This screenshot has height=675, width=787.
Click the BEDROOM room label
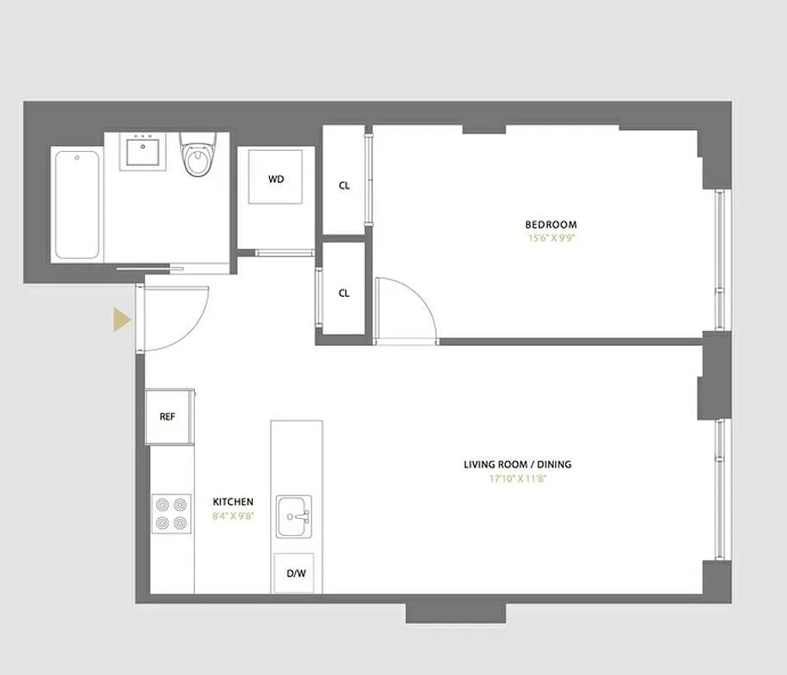[551, 224]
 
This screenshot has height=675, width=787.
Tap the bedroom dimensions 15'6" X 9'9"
[551, 238]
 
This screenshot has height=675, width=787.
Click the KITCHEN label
[233, 502]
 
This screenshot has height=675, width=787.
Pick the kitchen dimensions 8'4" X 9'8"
[233, 515]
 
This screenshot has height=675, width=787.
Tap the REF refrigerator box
[168, 417]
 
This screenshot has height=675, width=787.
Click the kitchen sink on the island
[294, 516]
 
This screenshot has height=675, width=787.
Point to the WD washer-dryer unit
[276, 179]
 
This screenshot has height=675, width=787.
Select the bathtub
[76, 204]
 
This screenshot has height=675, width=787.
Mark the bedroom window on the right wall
[720, 260]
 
